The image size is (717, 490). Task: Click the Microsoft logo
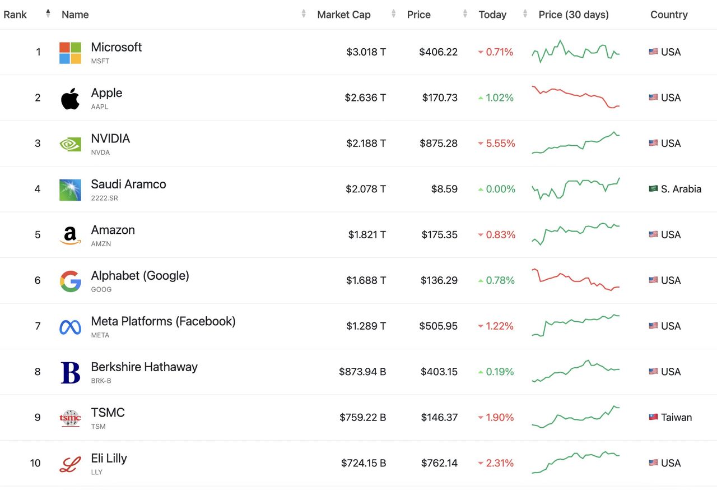(x=70, y=53)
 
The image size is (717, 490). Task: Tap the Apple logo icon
(x=70, y=98)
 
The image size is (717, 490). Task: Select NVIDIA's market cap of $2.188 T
(x=365, y=144)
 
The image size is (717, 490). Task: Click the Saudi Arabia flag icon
(x=653, y=189)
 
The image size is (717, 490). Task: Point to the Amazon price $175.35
(x=439, y=235)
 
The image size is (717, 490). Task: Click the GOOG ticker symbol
(x=101, y=289)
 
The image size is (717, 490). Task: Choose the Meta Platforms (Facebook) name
(x=163, y=321)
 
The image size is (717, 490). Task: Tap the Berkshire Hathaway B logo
(x=70, y=372)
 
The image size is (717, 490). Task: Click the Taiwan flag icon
(x=653, y=417)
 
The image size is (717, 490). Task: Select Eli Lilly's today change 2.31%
(x=500, y=463)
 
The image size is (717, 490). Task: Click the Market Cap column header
(x=343, y=15)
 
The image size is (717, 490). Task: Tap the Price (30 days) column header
(x=573, y=15)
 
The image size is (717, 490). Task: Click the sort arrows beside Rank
(x=48, y=13)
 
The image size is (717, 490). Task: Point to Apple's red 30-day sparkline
(x=575, y=97)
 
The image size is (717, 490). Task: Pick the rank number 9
(x=38, y=418)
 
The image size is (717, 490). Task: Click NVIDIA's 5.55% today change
(x=500, y=144)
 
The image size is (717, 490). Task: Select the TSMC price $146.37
(x=439, y=418)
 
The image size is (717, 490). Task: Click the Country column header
(x=669, y=15)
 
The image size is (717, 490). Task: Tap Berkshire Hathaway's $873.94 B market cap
(x=362, y=372)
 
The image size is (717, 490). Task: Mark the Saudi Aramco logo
(x=70, y=189)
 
